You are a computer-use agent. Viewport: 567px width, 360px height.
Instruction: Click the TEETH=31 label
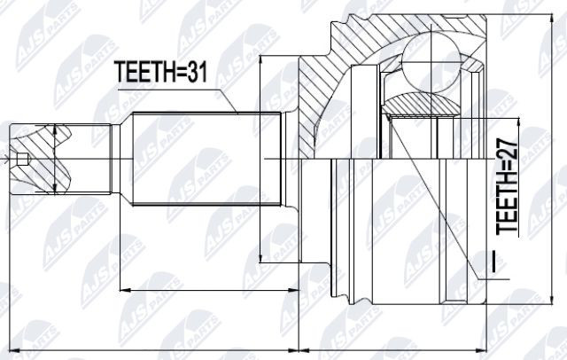coord(161,72)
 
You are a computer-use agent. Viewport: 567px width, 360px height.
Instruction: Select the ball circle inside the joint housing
coord(431,62)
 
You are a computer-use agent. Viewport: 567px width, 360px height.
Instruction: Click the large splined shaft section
coord(206,159)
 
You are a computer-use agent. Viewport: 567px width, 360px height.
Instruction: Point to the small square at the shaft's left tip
coord(23,159)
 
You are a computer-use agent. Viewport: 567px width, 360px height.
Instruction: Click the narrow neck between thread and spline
coord(116,159)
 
